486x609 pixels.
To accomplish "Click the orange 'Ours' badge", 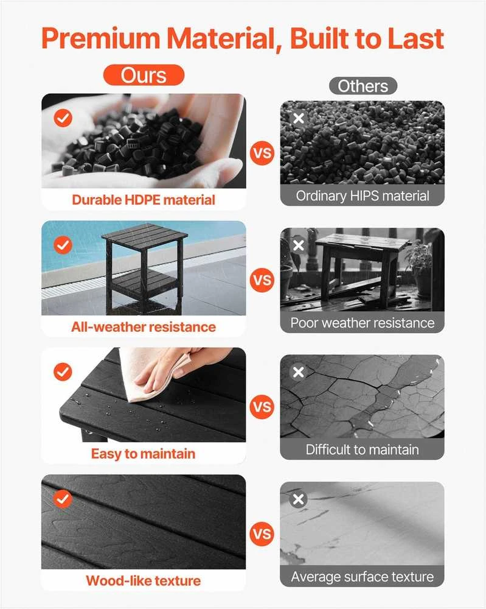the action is (x=144, y=75).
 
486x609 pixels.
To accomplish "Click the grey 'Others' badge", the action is (x=363, y=86).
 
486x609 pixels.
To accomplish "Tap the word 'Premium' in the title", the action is (x=101, y=39).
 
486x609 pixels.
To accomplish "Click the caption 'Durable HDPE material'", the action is (x=144, y=200).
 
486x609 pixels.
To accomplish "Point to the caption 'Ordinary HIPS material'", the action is (x=363, y=195).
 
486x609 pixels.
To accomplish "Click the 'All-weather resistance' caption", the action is (x=144, y=327).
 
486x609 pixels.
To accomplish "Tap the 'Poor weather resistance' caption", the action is (x=363, y=323).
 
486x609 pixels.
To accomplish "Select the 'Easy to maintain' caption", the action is (x=143, y=454).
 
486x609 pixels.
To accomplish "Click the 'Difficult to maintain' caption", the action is (x=363, y=450).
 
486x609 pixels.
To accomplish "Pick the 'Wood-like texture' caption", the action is (x=144, y=580).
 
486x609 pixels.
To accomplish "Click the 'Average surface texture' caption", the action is (x=363, y=577).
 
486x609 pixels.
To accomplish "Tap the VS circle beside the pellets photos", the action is (x=262, y=153).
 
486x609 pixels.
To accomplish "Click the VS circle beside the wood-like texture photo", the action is (x=262, y=534).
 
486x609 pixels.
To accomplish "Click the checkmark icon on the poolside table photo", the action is (x=63, y=245).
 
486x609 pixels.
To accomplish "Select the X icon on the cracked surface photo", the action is (x=298, y=372).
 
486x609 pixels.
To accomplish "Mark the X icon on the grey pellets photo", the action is (x=298, y=118).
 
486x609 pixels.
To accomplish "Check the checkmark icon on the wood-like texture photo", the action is (x=63, y=499).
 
